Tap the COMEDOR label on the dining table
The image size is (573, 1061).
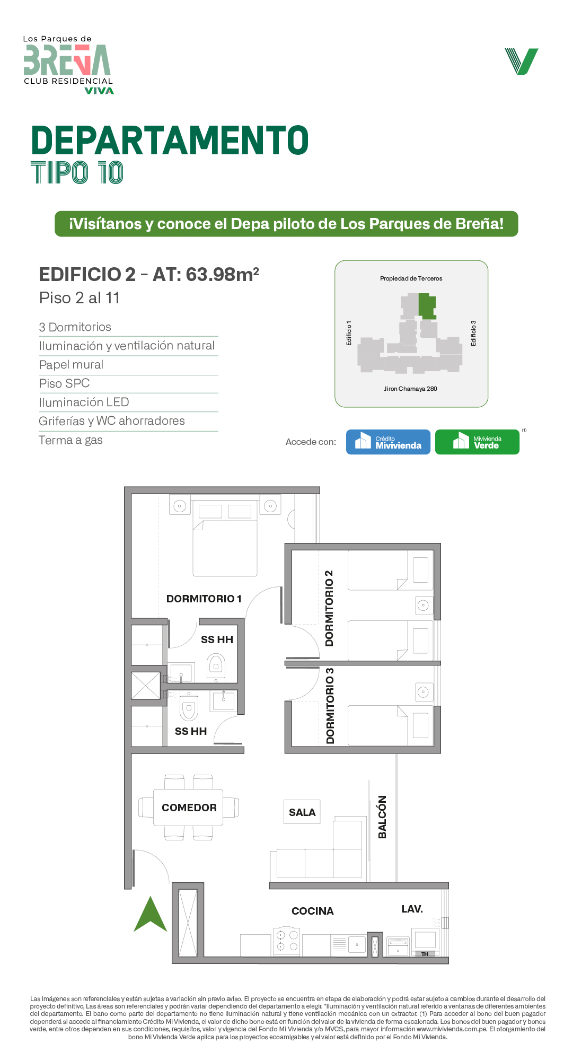[189, 808]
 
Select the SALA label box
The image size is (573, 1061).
[302, 812]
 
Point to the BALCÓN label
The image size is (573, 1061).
[382, 817]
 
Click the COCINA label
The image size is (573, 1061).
[313, 911]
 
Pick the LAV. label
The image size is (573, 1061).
[412, 909]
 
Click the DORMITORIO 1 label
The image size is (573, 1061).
[204, 599]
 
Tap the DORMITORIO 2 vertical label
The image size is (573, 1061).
[329, 608]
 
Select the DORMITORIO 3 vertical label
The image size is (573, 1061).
[330, 706]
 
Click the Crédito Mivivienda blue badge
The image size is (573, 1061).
[388, 442]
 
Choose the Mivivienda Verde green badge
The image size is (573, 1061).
[477, 442]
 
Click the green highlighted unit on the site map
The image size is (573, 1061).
[427, 306]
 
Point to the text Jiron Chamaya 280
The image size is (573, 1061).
[411, 389]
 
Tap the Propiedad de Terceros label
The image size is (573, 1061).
[411, 278]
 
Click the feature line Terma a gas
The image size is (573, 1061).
[71, 440]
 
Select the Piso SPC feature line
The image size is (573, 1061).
[64, 383]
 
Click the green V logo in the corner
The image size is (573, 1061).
[522, 62]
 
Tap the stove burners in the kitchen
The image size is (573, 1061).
[287, 941]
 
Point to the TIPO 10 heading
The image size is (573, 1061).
[77, 173]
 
